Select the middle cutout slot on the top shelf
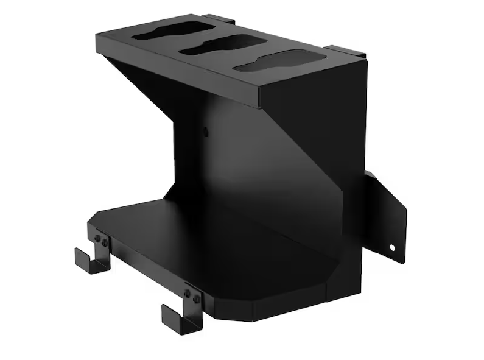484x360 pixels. [x=221, y=44]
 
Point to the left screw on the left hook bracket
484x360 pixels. [x=97, y=238]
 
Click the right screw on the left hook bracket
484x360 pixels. [x=105, y=243]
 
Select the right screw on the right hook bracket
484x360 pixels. [x=196, y=297]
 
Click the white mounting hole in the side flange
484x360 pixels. [x=392, y=248]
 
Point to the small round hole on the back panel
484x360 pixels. [x=206, y=130]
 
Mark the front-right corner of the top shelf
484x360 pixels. [x=260, y=101]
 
